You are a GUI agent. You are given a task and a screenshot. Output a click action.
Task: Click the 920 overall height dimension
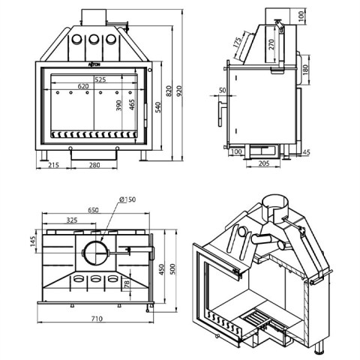click(x=179, y=91)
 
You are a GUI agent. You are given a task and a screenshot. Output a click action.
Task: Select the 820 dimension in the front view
click(x=169, y=91)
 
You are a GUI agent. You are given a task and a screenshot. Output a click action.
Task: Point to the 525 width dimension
click(x=100, y=79)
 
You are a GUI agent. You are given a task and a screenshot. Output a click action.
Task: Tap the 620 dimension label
click(x=83, y=86)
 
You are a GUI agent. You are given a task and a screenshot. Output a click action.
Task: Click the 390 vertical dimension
click(x=119, y=105)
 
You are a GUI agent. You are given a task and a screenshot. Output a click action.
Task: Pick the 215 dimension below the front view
click(x=53, y=165)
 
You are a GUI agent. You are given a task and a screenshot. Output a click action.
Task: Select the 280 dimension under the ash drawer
click(x=94, y=165)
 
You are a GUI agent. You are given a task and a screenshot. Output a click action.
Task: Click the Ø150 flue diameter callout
click(x=127, y=199)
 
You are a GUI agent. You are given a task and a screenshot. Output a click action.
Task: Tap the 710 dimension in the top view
click(x=97, y=319)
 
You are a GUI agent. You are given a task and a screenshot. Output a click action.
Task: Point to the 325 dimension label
click(x=72, y=220)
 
